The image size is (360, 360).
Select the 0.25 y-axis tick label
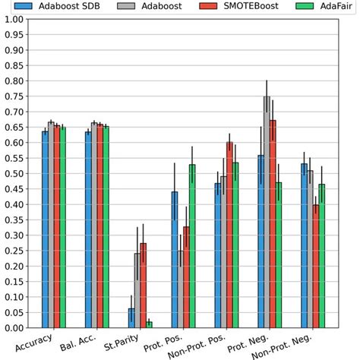(x=12, y=251)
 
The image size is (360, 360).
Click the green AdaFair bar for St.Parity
(x=149, y=324)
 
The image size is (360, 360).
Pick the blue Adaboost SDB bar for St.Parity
(x=131, y=318)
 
